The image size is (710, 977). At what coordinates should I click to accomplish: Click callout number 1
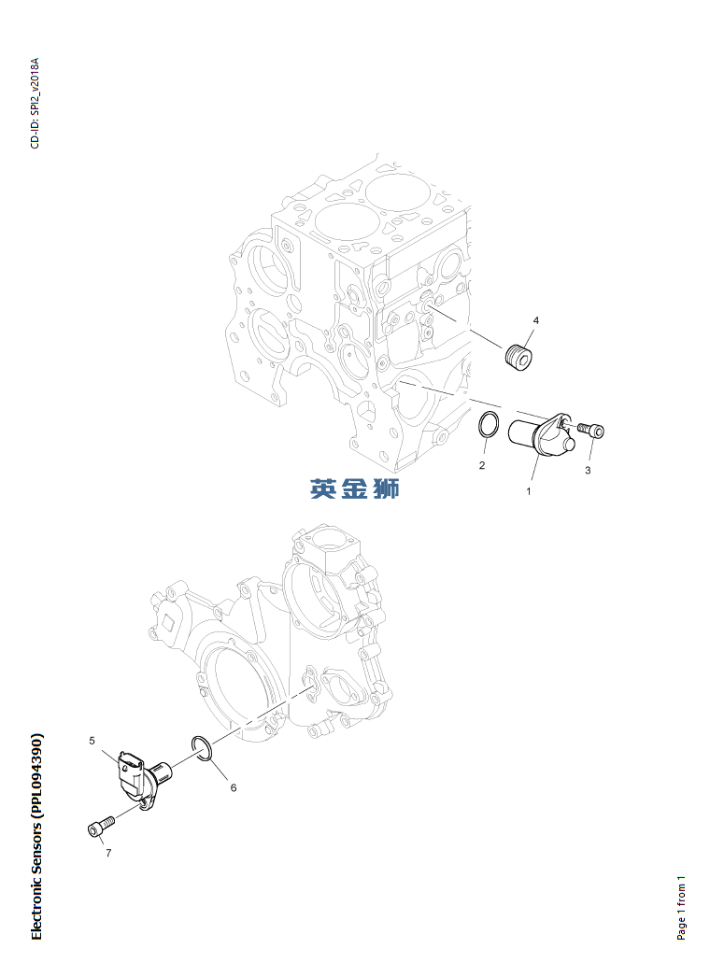529,491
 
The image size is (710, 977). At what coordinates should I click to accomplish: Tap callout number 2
482,465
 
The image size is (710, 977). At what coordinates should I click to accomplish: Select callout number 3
588,471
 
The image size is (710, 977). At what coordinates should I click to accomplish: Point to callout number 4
535,320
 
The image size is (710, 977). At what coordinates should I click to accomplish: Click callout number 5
92,741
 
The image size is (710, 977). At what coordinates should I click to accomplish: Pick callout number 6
234,787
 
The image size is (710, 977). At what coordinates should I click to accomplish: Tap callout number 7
108,853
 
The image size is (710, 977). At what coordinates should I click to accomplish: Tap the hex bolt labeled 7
100,827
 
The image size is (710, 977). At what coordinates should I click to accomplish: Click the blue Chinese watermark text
355,488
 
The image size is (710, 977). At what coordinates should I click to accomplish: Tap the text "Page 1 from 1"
681,908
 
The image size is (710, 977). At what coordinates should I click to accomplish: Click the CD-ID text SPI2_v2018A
35,88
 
